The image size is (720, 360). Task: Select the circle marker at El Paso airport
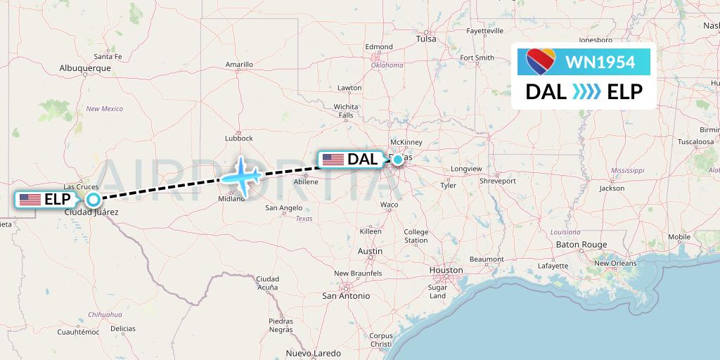[92, 199]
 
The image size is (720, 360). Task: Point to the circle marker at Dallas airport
[398, 160]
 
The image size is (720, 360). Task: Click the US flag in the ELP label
[30, 200]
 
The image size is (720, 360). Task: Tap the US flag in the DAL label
[333, 160]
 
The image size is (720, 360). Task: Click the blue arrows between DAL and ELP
[586, 92]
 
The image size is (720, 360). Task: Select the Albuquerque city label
[86, 68]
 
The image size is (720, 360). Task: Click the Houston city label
[446, 270]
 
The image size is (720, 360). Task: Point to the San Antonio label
[346, 296]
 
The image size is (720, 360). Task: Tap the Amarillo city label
[239, 65]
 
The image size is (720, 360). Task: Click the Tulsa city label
[426, 39]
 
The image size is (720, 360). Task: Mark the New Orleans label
[615, 264]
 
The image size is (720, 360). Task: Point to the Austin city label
[370, 251]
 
